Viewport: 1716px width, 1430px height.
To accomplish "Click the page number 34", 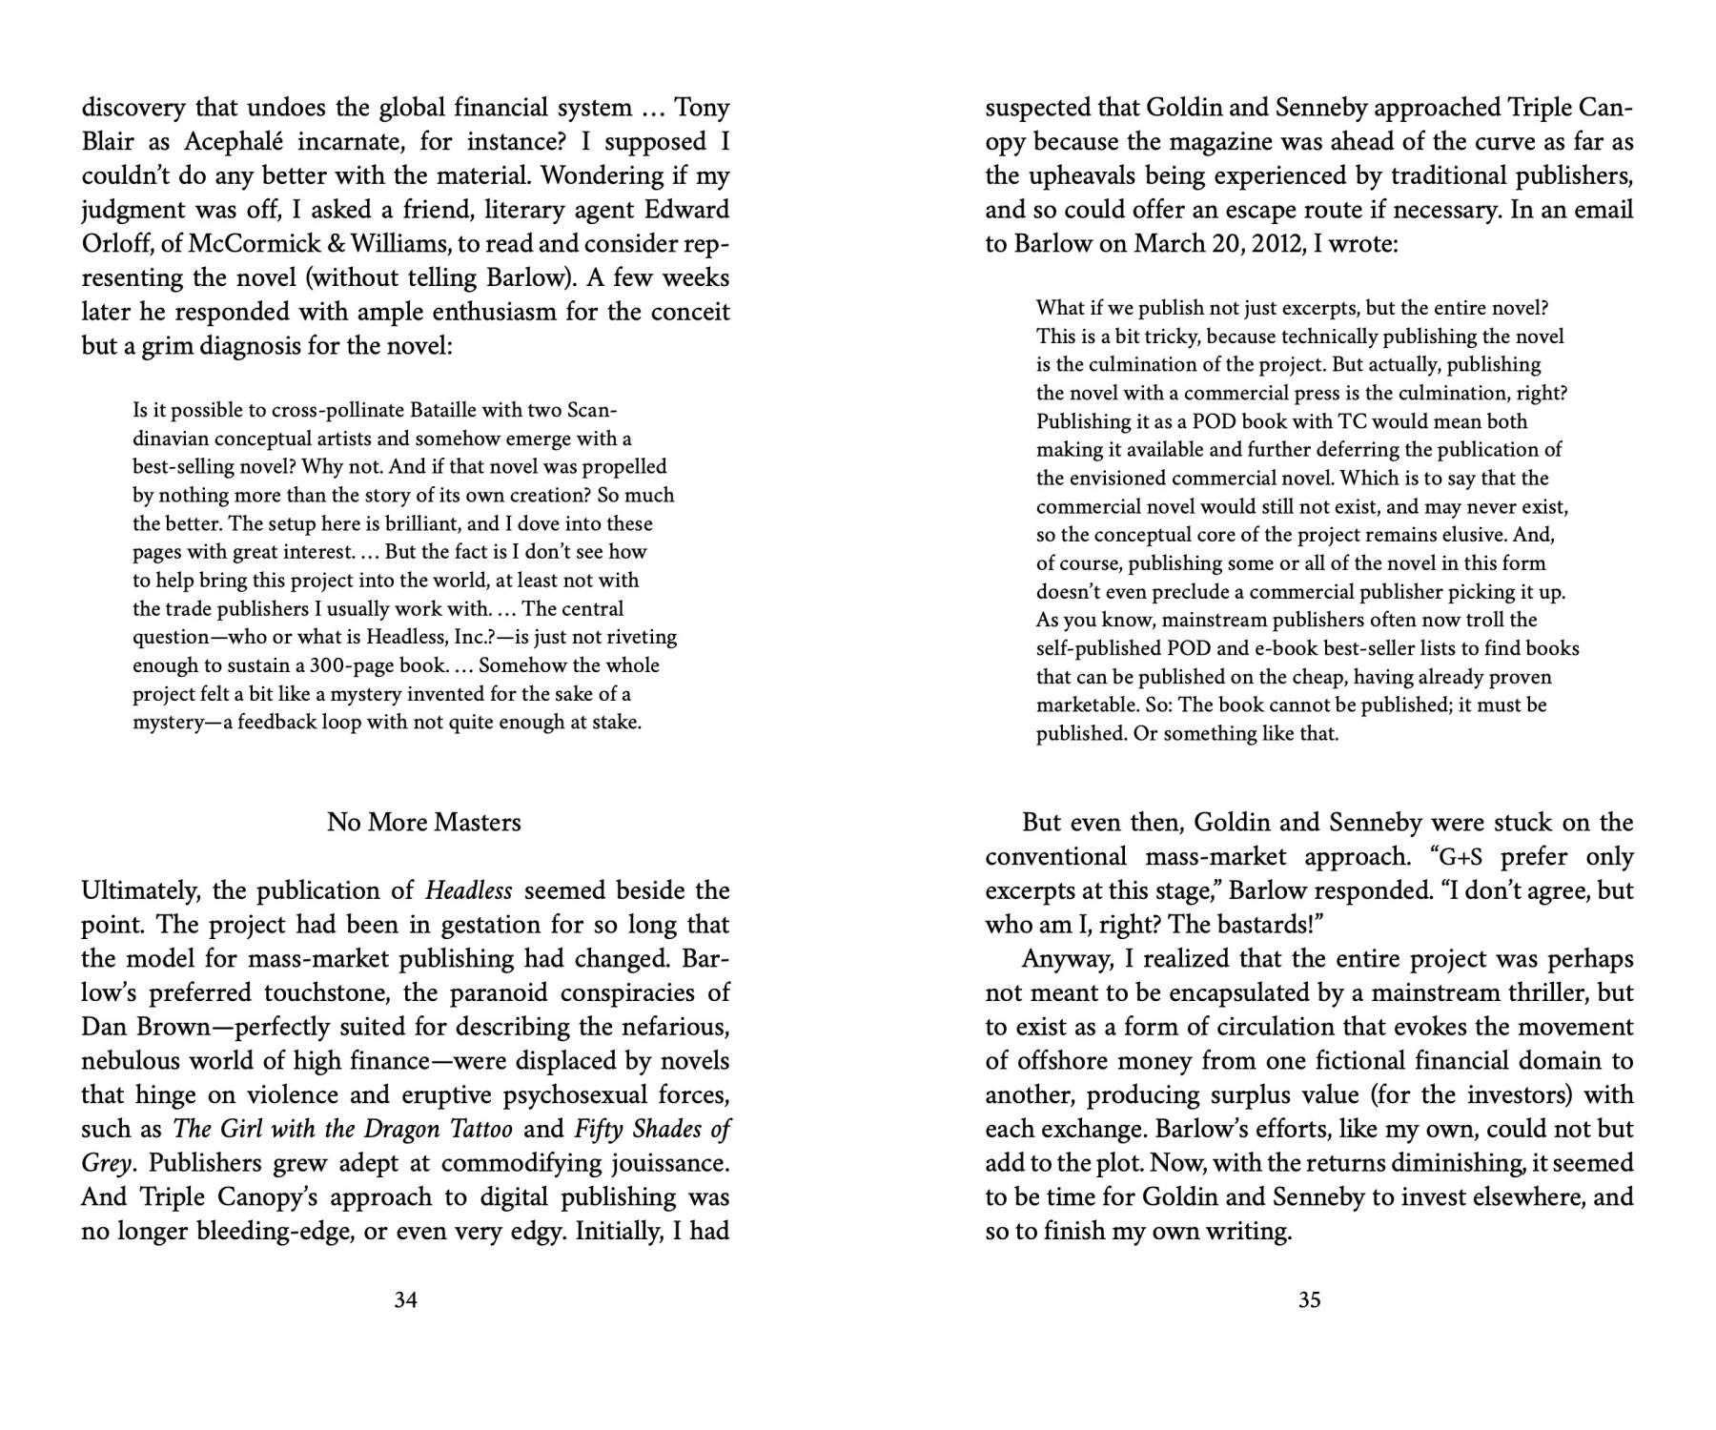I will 405,1299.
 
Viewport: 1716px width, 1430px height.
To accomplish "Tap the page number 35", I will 1309,1299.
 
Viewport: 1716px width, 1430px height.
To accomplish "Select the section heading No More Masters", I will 423,822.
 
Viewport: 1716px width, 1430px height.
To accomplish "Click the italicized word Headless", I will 468,890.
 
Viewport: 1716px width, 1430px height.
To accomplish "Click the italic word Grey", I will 105,1164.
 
